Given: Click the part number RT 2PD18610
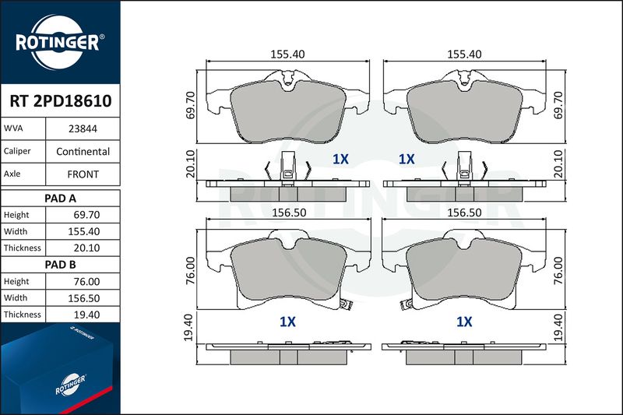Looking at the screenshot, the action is point(61,101).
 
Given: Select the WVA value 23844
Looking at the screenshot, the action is point(83,128).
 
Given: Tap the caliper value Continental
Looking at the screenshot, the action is point(83,151).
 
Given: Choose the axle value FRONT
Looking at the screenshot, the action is point(83,174).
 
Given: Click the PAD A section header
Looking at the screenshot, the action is point(61,199).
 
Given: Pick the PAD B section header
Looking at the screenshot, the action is point(61,265).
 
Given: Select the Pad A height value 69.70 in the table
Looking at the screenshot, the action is point(86,215).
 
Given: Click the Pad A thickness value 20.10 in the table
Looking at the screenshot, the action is point(86,248).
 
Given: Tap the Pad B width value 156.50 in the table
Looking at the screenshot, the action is point(84,298).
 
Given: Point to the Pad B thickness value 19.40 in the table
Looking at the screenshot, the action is point(86,315).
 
